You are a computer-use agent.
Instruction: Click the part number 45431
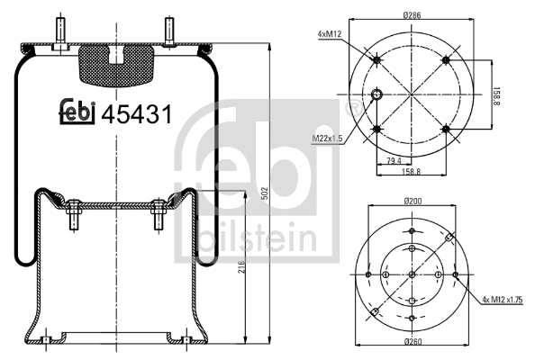[x=137, y=114]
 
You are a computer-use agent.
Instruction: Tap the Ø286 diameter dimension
[x=412, y=15]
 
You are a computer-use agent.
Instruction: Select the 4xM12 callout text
[x=330, y=33]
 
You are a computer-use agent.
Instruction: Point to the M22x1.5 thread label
[x=327, y=139]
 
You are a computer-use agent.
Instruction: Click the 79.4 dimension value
[x=394, y=160]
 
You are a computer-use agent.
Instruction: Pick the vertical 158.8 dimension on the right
[x=496, y=95]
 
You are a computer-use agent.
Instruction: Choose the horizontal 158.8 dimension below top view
[x=411, y=172]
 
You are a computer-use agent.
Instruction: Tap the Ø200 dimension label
[x=412, y=201]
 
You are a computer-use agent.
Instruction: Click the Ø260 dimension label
[x=413, y=341]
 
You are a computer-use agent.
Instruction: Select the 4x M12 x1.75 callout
[x=503, y=300]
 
